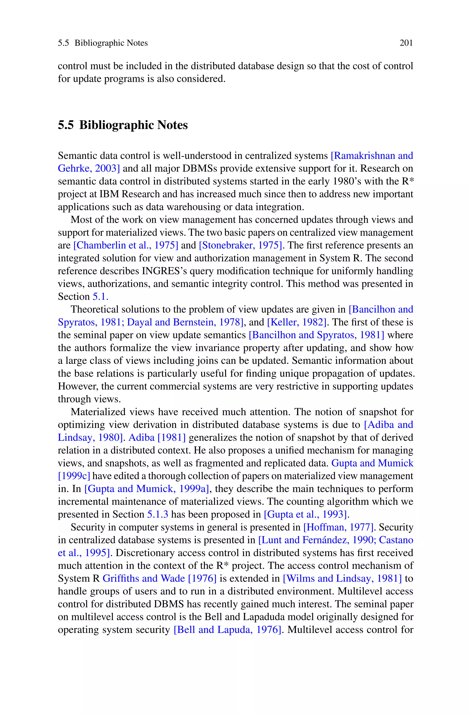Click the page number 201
[x=406, y=43]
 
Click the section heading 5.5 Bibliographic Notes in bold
[x=123, y=125]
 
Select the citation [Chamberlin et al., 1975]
[x=126, y=245]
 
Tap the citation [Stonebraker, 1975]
[x=240, y=245]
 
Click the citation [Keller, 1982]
[x=296, y=322]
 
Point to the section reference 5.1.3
[x=157, y=514]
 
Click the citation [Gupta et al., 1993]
[x=305, y=514]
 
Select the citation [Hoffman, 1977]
[x=338, y=527]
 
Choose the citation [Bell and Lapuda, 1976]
[x=227, y=630]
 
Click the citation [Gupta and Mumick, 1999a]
[x=146, y=489]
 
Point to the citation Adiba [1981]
[x=157, y=437]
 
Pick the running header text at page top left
[x=103, y=43]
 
